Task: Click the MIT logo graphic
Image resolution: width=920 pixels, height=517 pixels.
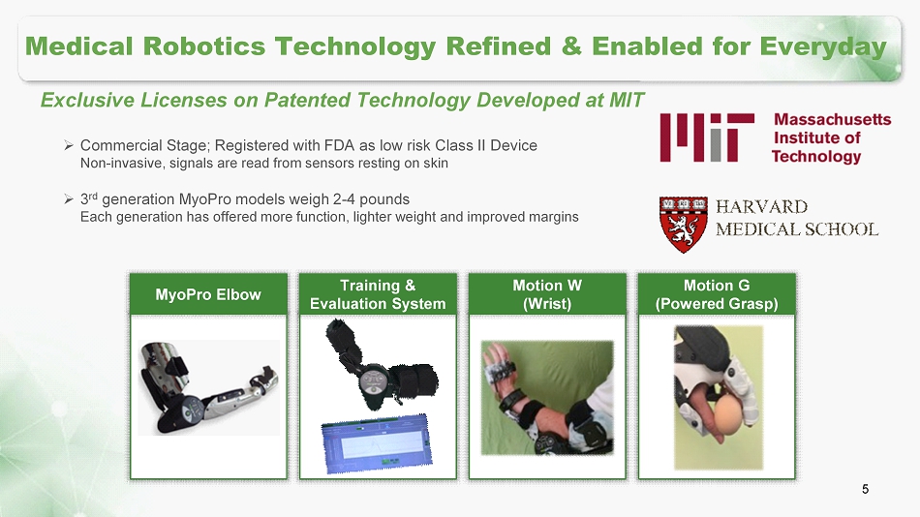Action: pyautogui.click(x=707, y=137)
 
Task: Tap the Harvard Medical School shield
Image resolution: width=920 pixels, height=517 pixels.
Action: pyautogui.click(x=683, y=225)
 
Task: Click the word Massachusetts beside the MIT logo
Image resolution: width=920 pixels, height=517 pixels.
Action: pyautogui.click(x=833, y=119)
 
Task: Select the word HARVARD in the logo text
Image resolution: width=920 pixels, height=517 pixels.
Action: pyautogui.click(x=761, y=206)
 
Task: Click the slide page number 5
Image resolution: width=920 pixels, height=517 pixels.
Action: pyautogui.click(x=866, y=489)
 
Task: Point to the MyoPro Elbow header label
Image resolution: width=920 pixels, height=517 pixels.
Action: pyautogui.click(x=208, y=294)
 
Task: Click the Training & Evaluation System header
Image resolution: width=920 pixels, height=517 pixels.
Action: pyautogui.click(x=378, y=294)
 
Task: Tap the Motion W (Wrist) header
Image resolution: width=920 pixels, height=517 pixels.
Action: pyautogui.click(x=547, y=294)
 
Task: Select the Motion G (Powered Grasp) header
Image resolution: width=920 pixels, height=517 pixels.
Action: pyautogui.click(x=717, y=294)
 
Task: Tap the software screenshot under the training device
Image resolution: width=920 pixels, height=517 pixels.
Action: pyautogui.click(x=377, y=443)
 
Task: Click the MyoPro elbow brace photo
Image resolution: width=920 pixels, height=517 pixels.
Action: pyautogui.click(x=209, y=387)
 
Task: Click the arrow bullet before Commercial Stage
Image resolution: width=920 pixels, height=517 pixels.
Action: pyautogui.click(x=68, y=145)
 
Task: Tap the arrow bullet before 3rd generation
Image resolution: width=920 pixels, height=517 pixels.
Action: pyautogui.click(x=68, y=198)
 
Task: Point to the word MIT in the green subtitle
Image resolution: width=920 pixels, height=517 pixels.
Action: pyautogui.click(x=627, y=100)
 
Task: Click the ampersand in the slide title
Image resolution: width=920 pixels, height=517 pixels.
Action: pyautogui.click(x=571, y=46)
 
